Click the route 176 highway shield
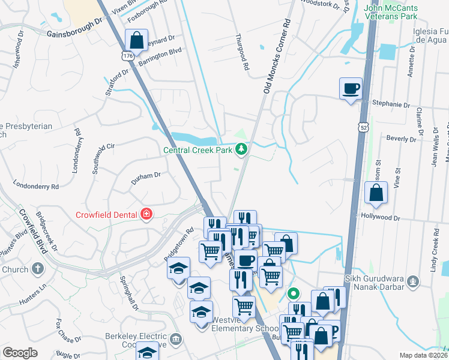coord(127,56)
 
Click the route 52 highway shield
coord(362,128)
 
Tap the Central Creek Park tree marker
coord(241,149)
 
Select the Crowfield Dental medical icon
coord(145,214)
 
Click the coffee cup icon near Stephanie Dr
coord(351,89)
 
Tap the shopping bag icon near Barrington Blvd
coord(137,41)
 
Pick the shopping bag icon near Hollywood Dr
coord(376,193)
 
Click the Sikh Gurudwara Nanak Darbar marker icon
coord(412,281)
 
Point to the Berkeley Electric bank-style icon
coord(175,340)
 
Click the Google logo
coord(20,353)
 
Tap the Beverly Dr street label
coord(401,139)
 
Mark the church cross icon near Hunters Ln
coord(38,269)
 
